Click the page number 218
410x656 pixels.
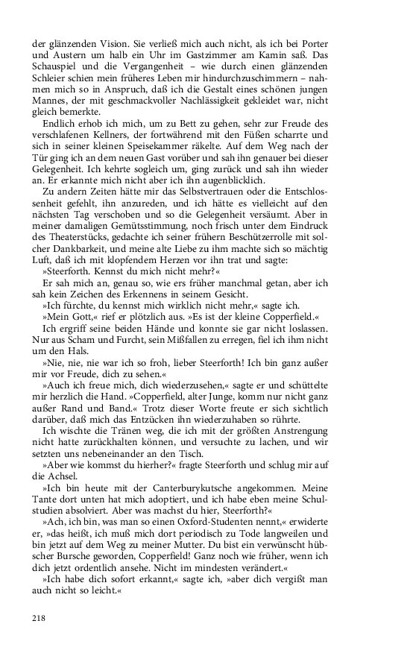click(x=40, y=616)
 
